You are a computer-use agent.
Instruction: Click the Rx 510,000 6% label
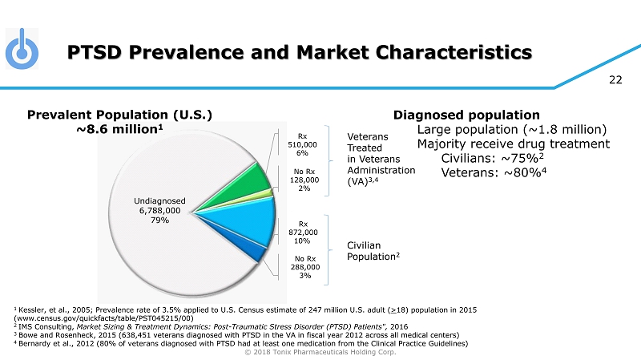pyautogui.click(x=302, y=144)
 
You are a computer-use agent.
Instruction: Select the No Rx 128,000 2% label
pyautogui.click(x=302, y=180)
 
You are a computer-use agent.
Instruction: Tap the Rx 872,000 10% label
pyautogui.click(x=302, y=232)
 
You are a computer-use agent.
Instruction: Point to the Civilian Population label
pyautogui.click(x=373, y=251)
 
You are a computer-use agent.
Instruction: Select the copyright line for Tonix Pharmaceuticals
pyautogui.click(x=320, y=352)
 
